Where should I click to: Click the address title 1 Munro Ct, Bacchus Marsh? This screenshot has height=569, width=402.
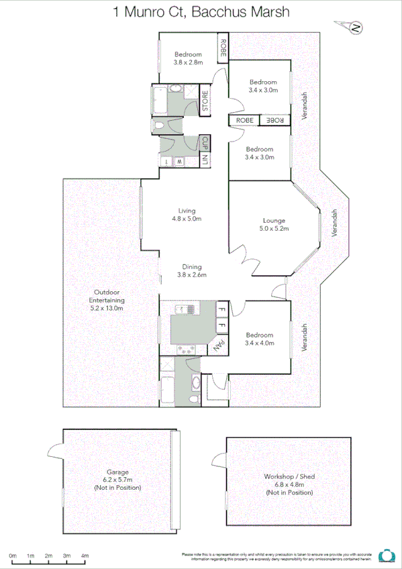pos(201,11)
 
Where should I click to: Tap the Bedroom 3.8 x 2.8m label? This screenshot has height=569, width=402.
pos(188,58)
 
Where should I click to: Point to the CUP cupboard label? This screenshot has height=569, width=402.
pos(205,142)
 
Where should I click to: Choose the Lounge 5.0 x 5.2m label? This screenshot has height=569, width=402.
pos(274,225)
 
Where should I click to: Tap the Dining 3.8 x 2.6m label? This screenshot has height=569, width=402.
pos(191,270)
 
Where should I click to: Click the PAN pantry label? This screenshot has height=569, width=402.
pos(217,346)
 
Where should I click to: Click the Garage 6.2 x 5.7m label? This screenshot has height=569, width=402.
pos(118,480)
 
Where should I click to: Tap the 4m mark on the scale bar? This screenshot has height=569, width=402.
pos(85,556)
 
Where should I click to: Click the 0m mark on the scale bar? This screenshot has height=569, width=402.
pos(13,556)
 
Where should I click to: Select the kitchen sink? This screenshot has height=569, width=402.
pos(183,309)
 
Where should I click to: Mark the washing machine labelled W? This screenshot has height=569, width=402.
pos(180,162)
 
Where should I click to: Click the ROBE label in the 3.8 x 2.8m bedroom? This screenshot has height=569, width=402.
pos(222,48)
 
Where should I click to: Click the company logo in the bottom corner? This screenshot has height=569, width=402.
pos(387,556)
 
